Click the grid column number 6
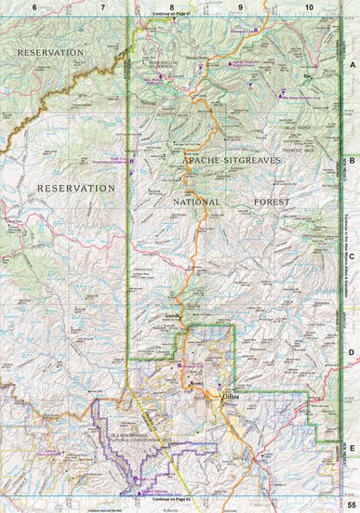coord(34,7)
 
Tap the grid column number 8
coord(171,7)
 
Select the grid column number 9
coord(241,7)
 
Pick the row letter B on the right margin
coord(352,159)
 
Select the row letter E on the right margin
coord(352,420)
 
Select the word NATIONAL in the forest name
coord(196,201)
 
